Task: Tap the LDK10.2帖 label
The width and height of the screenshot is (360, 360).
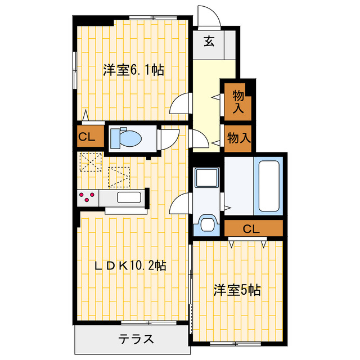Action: [x=133, y=264]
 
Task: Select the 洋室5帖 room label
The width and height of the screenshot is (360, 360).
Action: [x=236, y=290]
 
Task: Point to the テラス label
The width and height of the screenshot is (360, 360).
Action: [x=136, y=339]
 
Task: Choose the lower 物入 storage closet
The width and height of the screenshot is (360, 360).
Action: [x=238, y=137]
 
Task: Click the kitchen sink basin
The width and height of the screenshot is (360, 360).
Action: [x=128, y=198]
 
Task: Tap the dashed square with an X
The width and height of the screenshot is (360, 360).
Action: [x=89, y=163]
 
